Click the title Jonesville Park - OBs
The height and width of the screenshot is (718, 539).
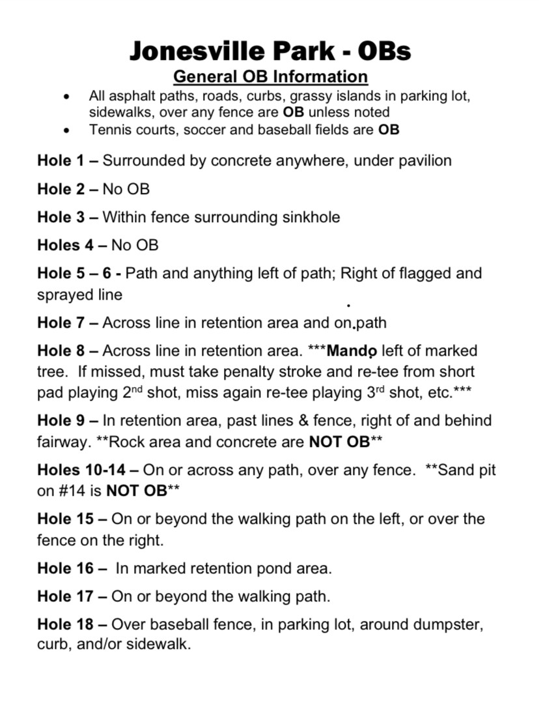point(269,50)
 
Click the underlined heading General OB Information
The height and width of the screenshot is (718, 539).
point(270,76)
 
